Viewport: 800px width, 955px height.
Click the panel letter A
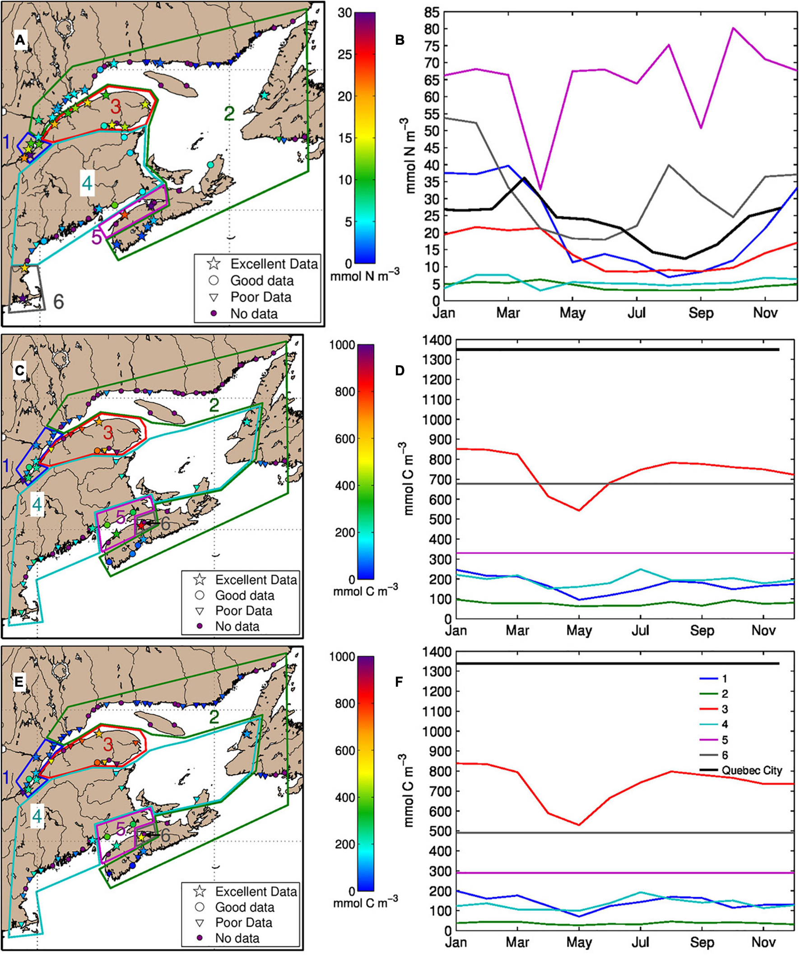point(20,41)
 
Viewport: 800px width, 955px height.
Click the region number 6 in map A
point(59,302)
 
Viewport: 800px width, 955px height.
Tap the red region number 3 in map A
point(116,108)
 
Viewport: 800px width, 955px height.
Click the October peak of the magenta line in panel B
point(733,28)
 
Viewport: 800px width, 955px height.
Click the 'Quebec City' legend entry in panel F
point(751,770)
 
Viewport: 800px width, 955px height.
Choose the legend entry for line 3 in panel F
point(725,709)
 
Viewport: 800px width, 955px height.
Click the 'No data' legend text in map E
point(237,938)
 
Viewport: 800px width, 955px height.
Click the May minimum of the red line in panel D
point(578,510)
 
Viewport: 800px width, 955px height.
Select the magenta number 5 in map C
point(120,517)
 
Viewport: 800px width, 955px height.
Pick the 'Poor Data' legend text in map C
point(244,610)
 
